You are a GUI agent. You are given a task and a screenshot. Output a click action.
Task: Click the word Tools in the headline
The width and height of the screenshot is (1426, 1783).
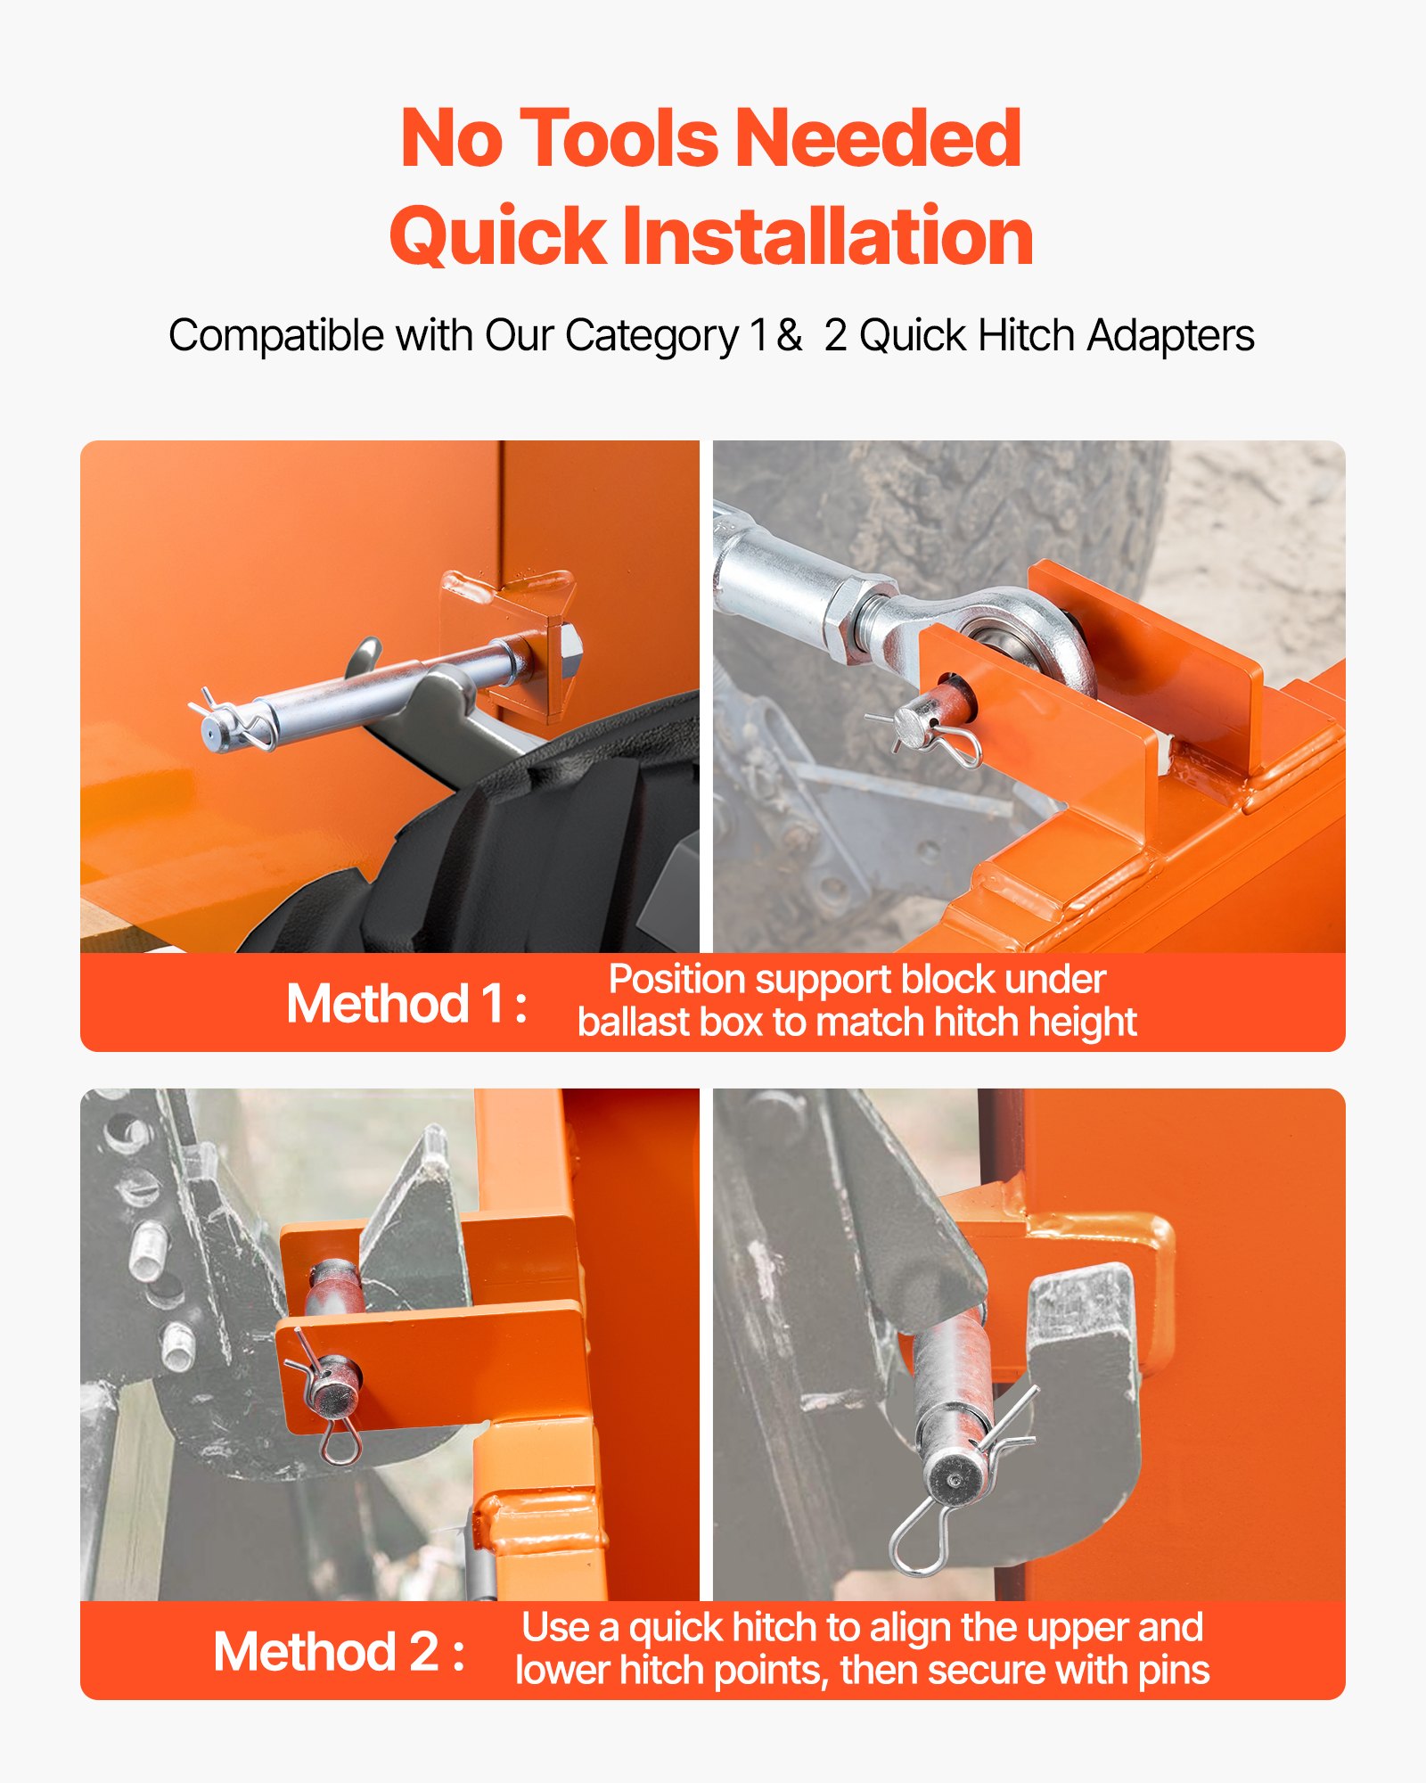[x=619, y=138]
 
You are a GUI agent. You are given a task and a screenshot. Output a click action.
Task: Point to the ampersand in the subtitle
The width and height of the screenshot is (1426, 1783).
[x=788, y=335]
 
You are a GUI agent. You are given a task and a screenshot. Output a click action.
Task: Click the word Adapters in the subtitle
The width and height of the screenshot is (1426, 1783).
[x=1170, y=337]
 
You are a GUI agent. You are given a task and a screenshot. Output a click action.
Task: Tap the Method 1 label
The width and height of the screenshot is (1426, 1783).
[x=406, y=1004]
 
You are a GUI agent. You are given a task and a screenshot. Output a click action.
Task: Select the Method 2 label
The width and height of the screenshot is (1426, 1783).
[x=340, y=1652]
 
